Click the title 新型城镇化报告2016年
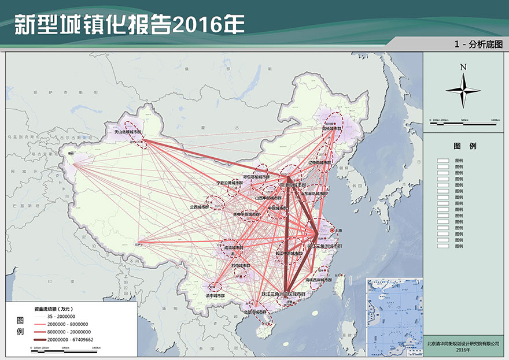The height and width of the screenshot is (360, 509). (129, 24)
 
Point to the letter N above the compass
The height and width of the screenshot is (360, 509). (463, 67)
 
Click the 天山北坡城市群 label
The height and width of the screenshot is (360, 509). (129, 132)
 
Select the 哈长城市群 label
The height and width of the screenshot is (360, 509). (332, 129)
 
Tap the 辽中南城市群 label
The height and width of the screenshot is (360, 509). (320, 163)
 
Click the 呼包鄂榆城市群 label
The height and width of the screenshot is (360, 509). (256, 176)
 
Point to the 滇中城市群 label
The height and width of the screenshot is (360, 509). (215, 295)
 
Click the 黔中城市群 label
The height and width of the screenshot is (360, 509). (241, 265)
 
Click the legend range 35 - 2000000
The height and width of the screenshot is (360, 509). (63, 317)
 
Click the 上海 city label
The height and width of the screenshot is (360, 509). (337, 231)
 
